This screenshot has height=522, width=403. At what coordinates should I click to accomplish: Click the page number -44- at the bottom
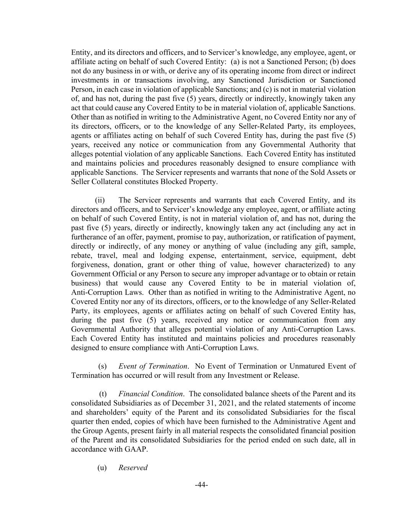(201, 485)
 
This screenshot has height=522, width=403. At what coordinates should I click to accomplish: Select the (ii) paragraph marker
(100, 200)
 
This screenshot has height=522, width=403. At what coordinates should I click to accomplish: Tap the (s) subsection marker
(103, 366)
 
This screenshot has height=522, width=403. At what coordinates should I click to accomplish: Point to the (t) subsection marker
(103, 394)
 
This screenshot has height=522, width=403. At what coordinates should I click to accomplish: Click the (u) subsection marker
(102, 467)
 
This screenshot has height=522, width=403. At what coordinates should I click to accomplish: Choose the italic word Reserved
(133, 467)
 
